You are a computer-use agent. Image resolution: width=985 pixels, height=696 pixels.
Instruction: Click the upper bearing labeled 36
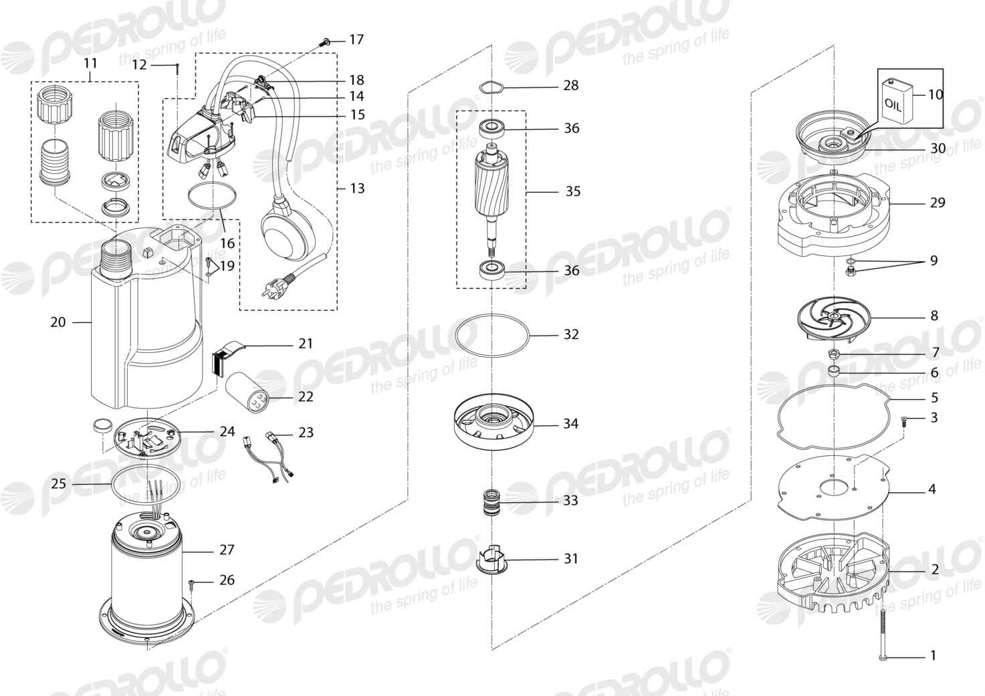(491, 129)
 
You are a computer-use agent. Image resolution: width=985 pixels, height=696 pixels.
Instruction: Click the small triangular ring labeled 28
(491, 88)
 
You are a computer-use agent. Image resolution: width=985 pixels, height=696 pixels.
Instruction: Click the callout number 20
(58, 322)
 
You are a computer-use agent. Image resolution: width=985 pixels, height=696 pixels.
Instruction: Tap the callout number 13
(358, 188)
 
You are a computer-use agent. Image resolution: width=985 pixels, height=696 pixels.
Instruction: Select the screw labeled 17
(325, 42)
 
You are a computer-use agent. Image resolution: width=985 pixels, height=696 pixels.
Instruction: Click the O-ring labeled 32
(491, 335)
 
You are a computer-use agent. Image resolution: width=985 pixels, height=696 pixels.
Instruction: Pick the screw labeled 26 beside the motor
(192, 584)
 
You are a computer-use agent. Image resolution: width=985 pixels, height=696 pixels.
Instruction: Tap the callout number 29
(938, 203)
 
